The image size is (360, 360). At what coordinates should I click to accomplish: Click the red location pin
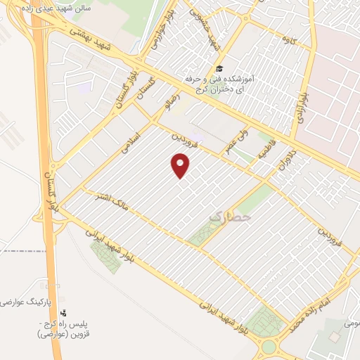tap(181, 165)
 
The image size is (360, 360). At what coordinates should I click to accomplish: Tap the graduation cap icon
tap(219, 69)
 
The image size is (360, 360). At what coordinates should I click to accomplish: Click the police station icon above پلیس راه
tap(64, 312)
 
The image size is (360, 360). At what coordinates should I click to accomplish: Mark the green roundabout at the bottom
tap(269, 346)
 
